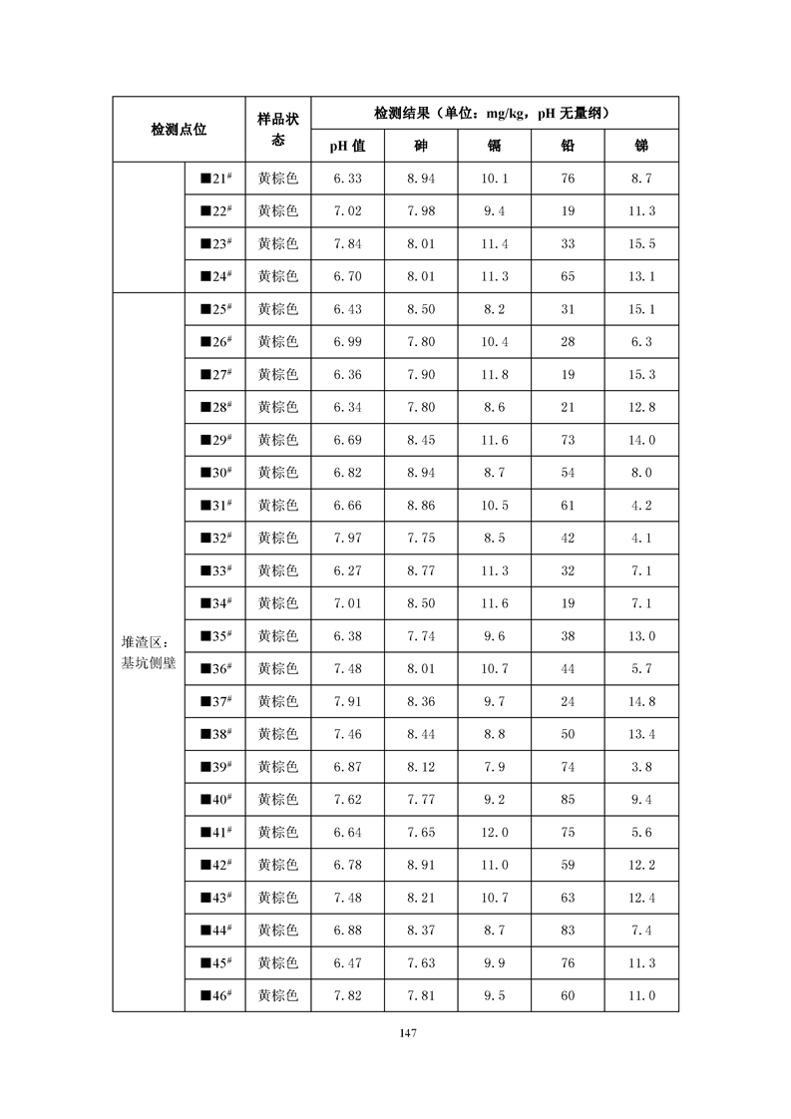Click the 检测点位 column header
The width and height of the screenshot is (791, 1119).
coord(179,129)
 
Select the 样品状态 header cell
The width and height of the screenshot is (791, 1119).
coord(277,129)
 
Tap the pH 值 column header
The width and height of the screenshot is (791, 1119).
coord(347,146)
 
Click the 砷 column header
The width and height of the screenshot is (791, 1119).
coord(421,146)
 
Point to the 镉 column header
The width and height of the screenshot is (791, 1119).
coord(495,146)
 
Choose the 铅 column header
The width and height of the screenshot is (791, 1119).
coord(568,146)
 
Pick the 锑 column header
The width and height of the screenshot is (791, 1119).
coord(641,146)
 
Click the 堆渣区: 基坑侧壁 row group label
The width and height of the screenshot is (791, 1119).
coord(148,651)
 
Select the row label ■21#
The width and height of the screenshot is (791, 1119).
coord(215,179)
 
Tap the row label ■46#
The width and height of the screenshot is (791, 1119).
coord(215,995)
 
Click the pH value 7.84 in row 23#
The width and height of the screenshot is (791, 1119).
coord(347,243)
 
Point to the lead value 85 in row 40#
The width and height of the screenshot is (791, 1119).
coord(568,799)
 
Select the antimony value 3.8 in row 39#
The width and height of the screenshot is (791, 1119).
coord(641,766)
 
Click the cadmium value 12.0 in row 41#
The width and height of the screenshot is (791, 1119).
coord(495,832)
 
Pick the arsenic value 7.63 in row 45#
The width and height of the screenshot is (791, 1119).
coord(421,962)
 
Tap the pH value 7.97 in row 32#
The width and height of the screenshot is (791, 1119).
coord(347,538)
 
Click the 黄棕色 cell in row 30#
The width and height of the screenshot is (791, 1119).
coord(277,473)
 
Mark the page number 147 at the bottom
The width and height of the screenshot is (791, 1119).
coord(395,1033)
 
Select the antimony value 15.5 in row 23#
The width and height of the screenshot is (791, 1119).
coord(641,243)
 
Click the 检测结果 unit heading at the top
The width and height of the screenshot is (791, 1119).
coord(494,113)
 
